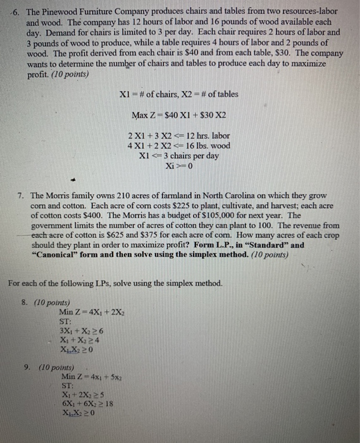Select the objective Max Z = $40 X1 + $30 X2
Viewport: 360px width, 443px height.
click(x=178, y=116)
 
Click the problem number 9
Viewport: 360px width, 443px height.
click(x=26, y=367)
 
